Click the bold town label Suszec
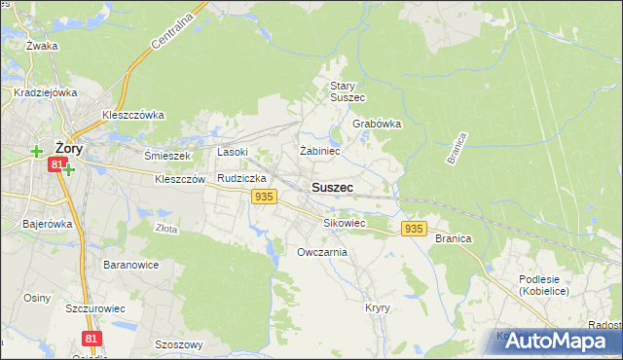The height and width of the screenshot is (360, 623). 332,186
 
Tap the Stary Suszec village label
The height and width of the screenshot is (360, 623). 347,91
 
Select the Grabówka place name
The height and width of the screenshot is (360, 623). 377,124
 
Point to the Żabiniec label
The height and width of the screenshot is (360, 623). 319,151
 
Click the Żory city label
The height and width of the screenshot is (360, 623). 68,148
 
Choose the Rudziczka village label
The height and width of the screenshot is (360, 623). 242,178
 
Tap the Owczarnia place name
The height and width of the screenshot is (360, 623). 322,252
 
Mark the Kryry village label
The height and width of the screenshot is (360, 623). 378,306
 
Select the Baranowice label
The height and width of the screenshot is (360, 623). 130,264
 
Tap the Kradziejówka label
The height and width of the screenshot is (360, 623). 46,92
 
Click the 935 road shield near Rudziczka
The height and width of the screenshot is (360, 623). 262,197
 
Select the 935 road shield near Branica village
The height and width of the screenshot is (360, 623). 413,228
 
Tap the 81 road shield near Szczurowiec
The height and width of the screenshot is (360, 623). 92,338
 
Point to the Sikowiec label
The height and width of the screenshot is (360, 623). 344,223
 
